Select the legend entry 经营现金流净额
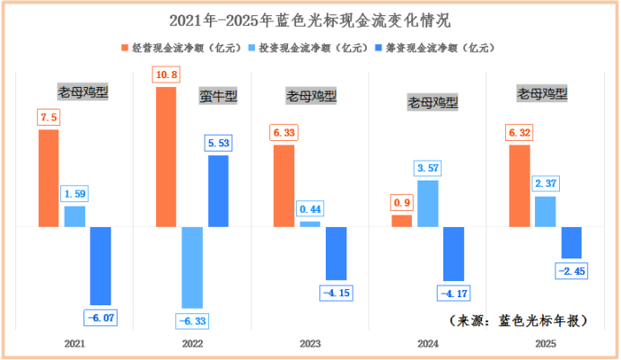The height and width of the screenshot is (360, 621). [x=175, y=48]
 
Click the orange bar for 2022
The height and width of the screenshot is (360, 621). [x=166, y=157]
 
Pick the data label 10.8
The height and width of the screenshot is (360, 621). [x=166, y=75]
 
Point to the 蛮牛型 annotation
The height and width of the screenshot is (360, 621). [x=218, y=96]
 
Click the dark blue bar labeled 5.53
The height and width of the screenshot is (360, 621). [x=218, y=190]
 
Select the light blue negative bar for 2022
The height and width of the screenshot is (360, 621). [x=192, y=268]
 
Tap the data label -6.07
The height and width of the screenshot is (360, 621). [x=101, y=317]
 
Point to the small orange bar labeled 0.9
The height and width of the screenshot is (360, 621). [x=402, y=221]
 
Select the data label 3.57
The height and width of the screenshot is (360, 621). [x=428, y=168]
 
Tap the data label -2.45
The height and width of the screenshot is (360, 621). [x=572, y=270]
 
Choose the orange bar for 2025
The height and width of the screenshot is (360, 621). [x=519, y=185]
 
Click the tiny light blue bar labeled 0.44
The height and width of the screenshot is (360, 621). [x=310, y=224]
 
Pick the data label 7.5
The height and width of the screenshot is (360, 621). [x=48, y=118]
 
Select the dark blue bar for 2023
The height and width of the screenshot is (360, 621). [x=336, y=253]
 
